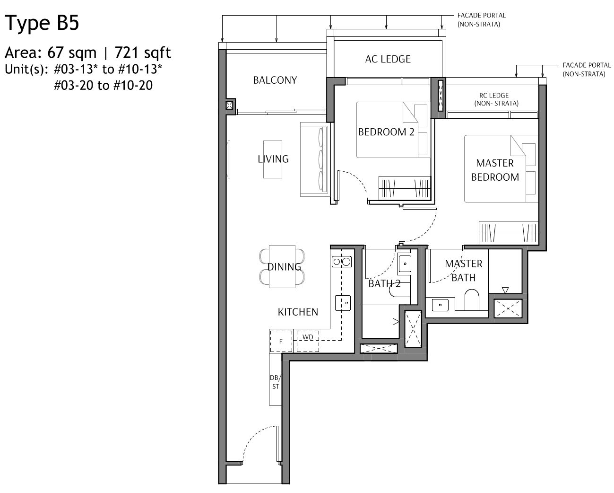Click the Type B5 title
(42, 23)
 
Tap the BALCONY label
(275, 80)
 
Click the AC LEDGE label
(388, 59)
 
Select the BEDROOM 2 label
(386, 132)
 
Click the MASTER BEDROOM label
(494, 170)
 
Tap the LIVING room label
(273, 159)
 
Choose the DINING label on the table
(284, 267)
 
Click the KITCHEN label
(297, 312)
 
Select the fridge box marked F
(281, 341)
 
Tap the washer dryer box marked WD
(307, 337)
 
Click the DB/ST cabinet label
(275, 382)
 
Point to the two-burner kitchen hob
(342, 262)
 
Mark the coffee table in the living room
(272, 159)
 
